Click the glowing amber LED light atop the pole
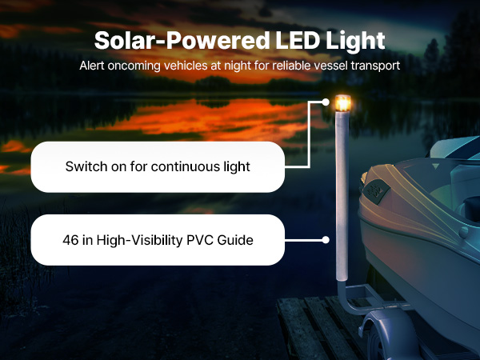pyautogui.click(x=342, y=103)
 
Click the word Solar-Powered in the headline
pyautogui.click(x=182, y=41)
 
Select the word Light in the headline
pyautogui.click(x=355, y=42)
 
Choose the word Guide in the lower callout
pyautogui.click(x=235, y=240)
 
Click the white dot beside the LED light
pyautogui.click(x=326, y=102)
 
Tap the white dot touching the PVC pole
pyautogui.click(x=326, y=240)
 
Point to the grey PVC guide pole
pyautogui.click(x=342, y=196)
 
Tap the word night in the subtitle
pyautogui.click(x=238, y=66)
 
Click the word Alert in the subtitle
pyautogui.click(x=92, y=66)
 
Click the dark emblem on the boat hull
pyautogui.click(x=376, y=190)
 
